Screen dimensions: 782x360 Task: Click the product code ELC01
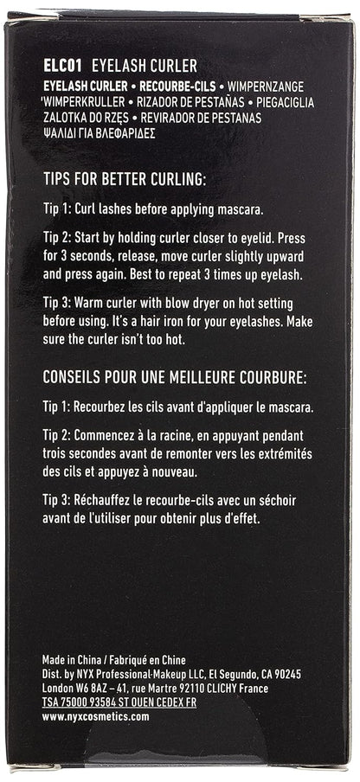coord(61,65)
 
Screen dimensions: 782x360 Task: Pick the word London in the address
coord(58,689)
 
